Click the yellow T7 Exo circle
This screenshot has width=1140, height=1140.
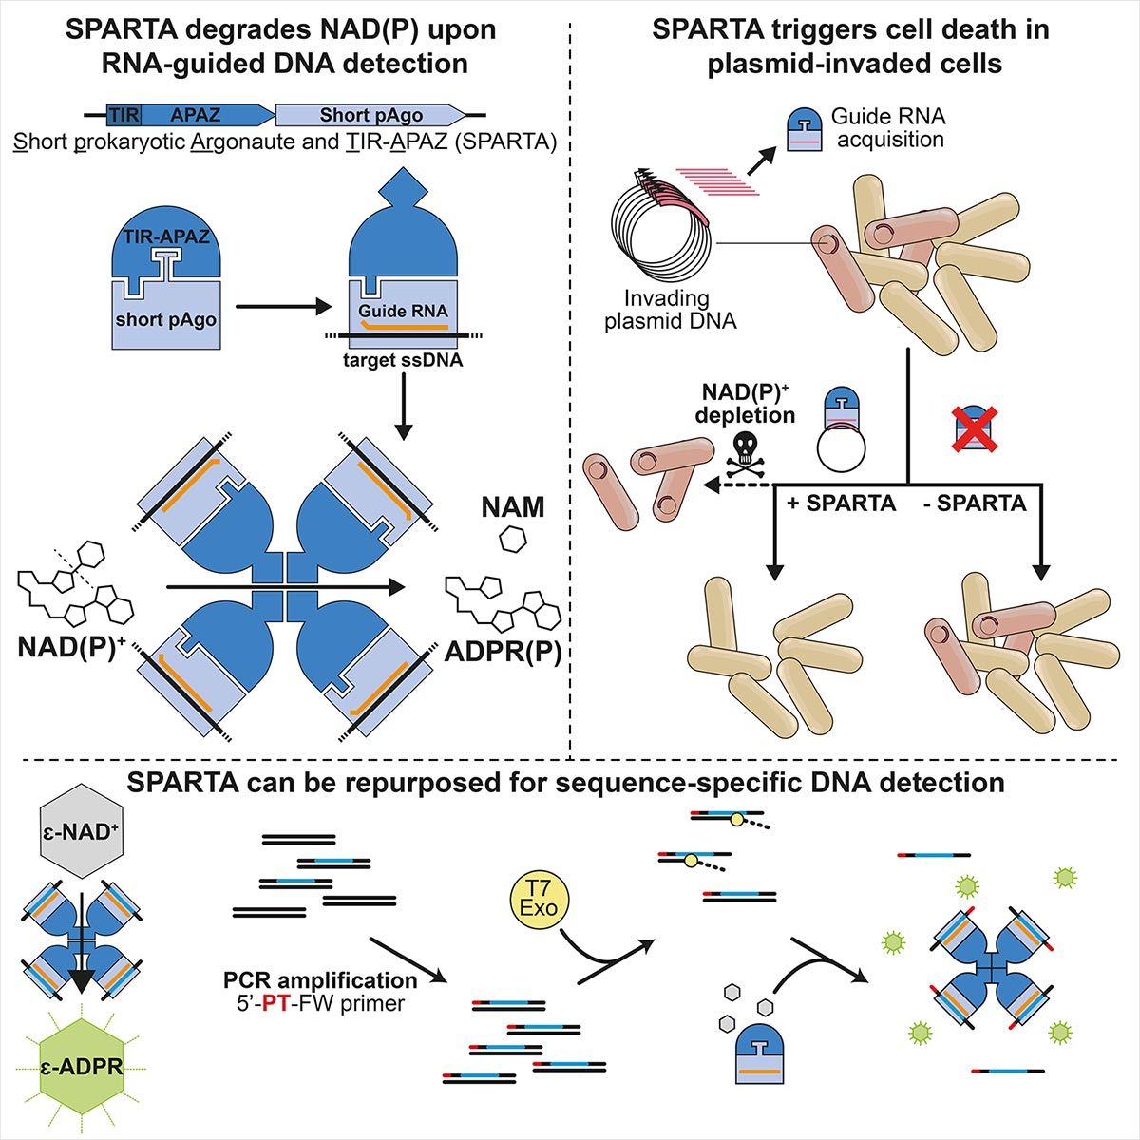[x=538, y=898]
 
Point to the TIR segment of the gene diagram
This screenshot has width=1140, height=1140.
[x=123, y=115]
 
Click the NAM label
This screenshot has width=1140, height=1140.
[x=513, y=507]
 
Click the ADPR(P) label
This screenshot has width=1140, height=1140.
[x=503, y=652]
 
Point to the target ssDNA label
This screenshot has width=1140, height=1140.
[x=403, y=360]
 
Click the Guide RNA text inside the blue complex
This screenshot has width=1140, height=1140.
[x=403, y=311]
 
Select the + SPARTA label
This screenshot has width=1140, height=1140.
[x=842, y=503]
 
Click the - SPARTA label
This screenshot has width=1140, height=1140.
[x=975, y=503]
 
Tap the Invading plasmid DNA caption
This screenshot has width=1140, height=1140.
[x=670, y=310]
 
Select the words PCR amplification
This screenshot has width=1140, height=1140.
[x=320, y=979]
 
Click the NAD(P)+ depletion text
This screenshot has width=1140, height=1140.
[x=745, y=404]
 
